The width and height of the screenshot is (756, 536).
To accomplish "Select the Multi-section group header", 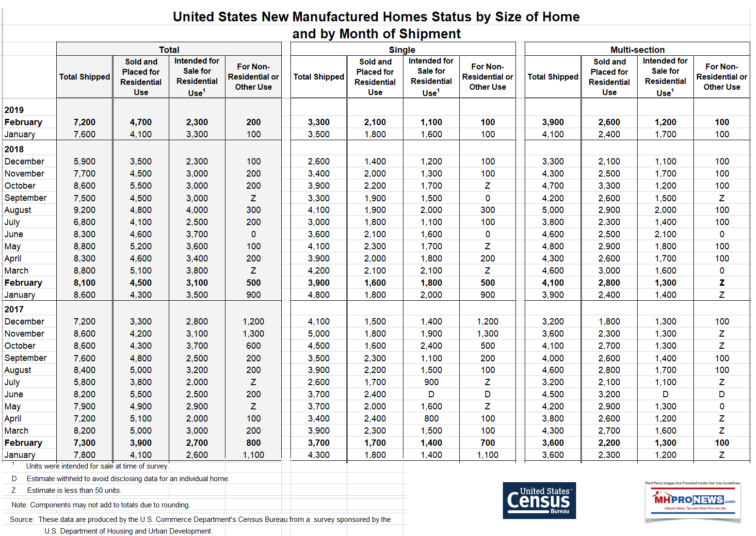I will (x=637, y=49).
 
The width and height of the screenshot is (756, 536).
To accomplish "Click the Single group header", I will (x=402, y=49).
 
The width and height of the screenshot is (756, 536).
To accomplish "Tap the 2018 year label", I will (x=14, y=149).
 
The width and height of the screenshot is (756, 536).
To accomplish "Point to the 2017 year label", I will (x=14, y=309).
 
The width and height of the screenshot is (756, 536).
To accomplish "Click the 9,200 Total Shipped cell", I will (x=84, y=210).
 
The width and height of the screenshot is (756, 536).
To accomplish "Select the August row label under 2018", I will (x=18, y=210).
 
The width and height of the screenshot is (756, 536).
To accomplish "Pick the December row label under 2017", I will (x=24, y=322).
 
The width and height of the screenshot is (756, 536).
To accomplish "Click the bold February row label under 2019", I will (x=23, y=122).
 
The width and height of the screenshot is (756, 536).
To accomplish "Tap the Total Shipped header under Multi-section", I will (x=553, y=77).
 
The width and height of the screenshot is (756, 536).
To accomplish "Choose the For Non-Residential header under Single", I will (x=487, y=77).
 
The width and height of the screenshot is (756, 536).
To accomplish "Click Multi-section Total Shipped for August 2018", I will (x=553, y=210).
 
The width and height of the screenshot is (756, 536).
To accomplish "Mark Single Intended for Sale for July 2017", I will (x=431, y=382).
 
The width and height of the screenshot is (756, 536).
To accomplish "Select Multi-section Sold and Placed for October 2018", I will (x=609, y=186).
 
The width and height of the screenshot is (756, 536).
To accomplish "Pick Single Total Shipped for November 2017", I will (x=319, y=334).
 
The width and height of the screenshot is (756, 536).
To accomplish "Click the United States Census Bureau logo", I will (x=539, y=500).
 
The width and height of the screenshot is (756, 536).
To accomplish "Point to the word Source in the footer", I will (x=22, y=520).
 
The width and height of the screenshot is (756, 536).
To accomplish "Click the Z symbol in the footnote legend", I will (x=14, y=490).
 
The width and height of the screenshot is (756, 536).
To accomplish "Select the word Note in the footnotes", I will (x=19, y=505).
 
